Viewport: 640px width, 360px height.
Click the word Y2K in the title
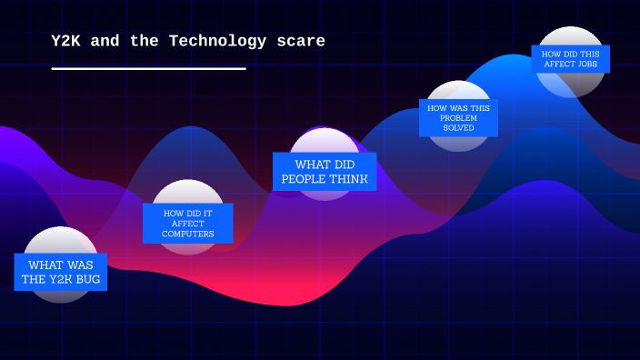coord(66,41)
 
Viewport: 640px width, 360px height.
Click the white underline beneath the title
coord(148,68)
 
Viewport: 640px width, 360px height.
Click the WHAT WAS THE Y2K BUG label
coord(60,272)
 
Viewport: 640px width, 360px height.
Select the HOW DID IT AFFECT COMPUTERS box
coord(187,224)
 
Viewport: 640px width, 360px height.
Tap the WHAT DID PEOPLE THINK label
coord(325,172)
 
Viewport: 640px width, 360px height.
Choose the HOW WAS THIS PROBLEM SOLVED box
coord(458,118)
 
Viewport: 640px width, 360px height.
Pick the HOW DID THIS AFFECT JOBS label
coord(570,59)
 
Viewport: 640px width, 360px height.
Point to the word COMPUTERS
coord(187,234)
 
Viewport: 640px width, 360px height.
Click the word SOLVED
coord(458,128)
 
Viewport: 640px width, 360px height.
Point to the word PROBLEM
coord(458,118)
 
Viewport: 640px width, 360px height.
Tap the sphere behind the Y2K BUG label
coord(60,241)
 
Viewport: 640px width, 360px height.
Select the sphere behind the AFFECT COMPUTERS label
coord(187,192)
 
